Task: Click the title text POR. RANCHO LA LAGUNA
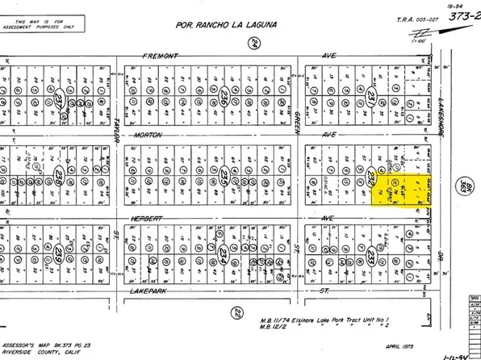pyautogui.click(x=225, y=26)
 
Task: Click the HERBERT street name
pyautogui.click(x=148, y=218)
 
